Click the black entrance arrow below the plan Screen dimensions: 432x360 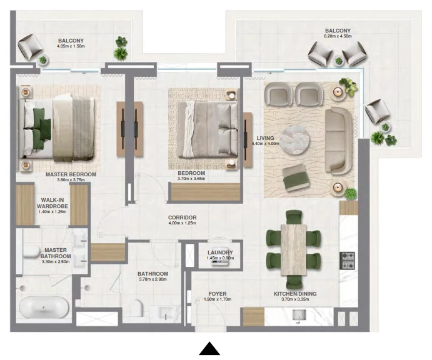[x=209, y=349]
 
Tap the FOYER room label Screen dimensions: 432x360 [x=218, y=294]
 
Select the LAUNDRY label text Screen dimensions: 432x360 [x=220, y=252]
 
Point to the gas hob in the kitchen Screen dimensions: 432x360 [x=348, y=260]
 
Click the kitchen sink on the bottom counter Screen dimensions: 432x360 [x=299, y=316]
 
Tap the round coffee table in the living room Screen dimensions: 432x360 [x=295, y=140]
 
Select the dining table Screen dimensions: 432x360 [x=294, y=250]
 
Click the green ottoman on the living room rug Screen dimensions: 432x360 [x=295, y=177]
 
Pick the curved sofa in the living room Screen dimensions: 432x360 [x=338, y=141]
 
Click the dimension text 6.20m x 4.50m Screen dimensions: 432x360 [x=338, y=36]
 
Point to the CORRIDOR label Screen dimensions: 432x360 [x=182, y=217]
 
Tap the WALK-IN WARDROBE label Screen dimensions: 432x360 [x=53, y=203]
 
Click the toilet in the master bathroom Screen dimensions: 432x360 [x=31, y=252]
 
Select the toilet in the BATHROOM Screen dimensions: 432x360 [x=137, y=307]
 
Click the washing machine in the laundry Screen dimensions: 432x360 [x=220, y=262]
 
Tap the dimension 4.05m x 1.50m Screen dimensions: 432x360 [x=71, y=46]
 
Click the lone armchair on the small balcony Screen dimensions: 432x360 [x=30, y=46]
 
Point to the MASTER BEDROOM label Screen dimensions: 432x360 [x=71, y=174]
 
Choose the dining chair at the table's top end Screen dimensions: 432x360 [x=294, y=217]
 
